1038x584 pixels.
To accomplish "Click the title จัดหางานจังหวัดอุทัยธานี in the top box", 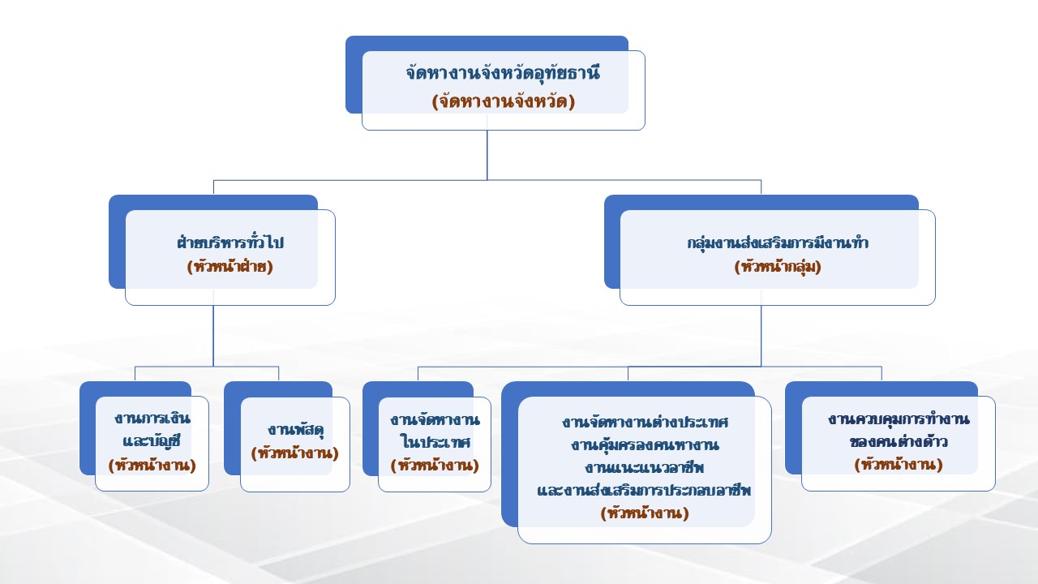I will coord(503,72).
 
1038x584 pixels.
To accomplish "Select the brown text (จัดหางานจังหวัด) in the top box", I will coord(503,101).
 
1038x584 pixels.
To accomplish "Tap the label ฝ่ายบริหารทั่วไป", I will coord(230,243).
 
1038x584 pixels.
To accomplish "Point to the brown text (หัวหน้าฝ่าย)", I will coord(230,266).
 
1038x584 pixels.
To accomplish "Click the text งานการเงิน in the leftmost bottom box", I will coord(152,419).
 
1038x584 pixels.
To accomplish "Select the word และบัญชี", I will coord(152,442).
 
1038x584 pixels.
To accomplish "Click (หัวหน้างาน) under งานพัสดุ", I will coord(295,453).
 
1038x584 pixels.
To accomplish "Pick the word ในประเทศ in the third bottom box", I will coord(435,442).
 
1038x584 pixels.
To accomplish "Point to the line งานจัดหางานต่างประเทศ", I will coord(645,423).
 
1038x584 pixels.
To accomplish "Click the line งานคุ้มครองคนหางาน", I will coord(645,445).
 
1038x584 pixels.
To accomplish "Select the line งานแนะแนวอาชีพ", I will coord(645,468).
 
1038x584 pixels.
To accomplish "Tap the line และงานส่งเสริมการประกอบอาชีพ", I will coord(645,491).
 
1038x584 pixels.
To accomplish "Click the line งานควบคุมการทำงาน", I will coord(899,419).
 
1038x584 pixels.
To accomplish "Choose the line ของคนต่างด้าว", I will coord(899,442).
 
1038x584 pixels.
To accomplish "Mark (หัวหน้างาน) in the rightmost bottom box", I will coord(899,465).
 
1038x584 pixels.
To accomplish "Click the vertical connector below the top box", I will coord(487,154).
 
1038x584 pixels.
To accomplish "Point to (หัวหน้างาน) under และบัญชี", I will coord(152,465).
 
